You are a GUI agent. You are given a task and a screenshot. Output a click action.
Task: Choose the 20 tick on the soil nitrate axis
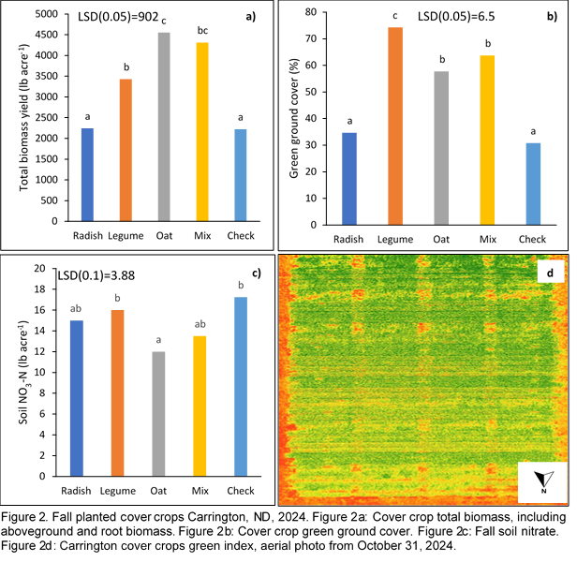40,268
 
